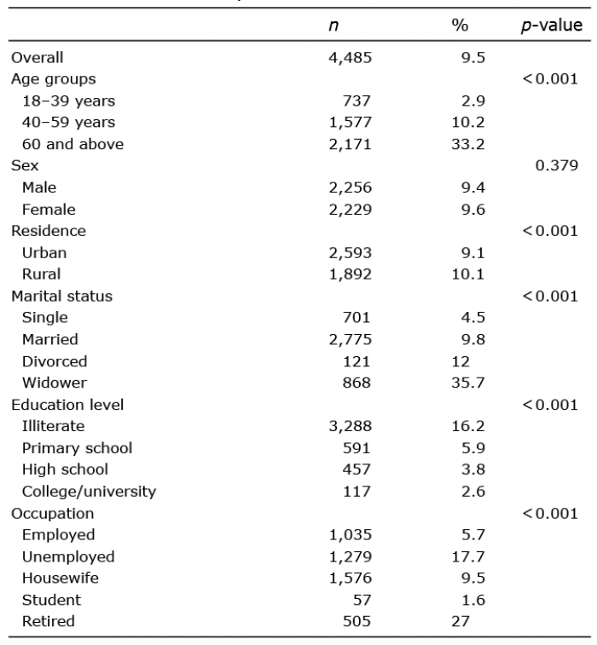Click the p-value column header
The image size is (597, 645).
click(552, 26)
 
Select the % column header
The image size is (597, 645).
click(460, 25)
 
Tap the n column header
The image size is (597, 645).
click(333, 26)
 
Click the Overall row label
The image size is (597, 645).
click(37, 58)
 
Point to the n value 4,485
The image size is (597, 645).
click(350, 58)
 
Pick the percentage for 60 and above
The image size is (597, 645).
click(468, 144)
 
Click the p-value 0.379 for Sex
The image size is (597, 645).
click(557, 165)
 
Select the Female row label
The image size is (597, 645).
click(49, 210)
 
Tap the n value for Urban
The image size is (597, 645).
click(350, 253)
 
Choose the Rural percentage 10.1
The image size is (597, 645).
click(468, 274)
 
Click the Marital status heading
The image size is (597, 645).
click(61, 297)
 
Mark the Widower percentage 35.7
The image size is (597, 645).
click(468, 383)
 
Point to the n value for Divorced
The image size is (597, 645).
click(356, 361)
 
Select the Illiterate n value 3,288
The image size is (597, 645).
click(350, 426)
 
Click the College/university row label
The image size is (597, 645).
click(89, 492)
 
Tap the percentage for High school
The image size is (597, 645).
click(473, 469)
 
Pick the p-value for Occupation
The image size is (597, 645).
click(550, 514)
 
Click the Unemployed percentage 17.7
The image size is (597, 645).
click(468, 557)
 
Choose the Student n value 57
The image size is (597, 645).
click(362, 600)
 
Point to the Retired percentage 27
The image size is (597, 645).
click(461, 621)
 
